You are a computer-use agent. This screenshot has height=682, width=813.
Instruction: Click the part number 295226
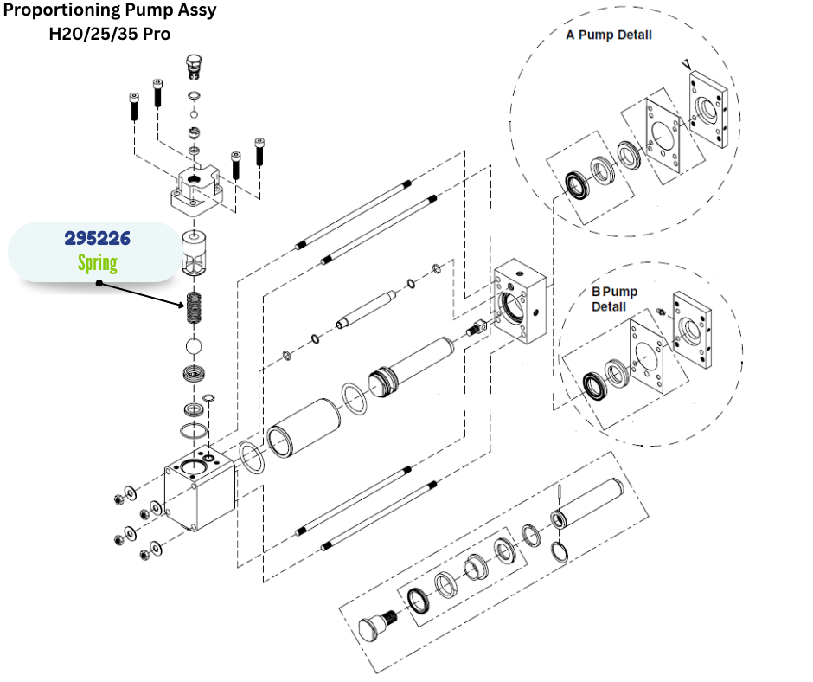click(x=98, y=238)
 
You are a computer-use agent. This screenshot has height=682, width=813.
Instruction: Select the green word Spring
click(x=98, y=262)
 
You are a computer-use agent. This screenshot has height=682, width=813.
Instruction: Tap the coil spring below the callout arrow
click(x=194, y=308)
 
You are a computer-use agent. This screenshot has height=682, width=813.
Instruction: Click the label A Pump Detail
click(x=609, y=35)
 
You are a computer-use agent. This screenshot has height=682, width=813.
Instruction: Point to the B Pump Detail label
click(x=614, y=299)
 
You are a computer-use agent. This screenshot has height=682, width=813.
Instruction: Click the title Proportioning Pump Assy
click(x=110, y=10)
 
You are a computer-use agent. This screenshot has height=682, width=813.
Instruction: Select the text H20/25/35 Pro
click(x=110, y=34)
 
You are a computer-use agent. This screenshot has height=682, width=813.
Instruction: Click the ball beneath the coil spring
click(x=194, y=346)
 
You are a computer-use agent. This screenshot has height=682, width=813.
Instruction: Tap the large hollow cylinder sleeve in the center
click(x=303, y=428)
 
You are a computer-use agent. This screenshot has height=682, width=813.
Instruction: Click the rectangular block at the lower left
click(x=200, y=488)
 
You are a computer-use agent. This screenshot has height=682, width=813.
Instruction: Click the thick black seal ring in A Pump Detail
click(x=577, y=184)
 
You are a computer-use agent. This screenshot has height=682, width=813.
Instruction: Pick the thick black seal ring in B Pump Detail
click(x=593, y=386)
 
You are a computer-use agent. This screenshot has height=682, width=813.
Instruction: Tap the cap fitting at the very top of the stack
click(x=194, y=67)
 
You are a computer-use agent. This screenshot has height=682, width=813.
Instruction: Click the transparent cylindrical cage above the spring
click(x=195, y=253)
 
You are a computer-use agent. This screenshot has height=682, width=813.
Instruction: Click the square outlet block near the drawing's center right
click(x=520, y=301)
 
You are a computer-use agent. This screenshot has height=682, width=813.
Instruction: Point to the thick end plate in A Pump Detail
click(x=708, y=110)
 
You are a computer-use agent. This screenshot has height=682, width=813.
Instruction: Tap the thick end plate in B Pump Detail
click(x=692, y=330)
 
